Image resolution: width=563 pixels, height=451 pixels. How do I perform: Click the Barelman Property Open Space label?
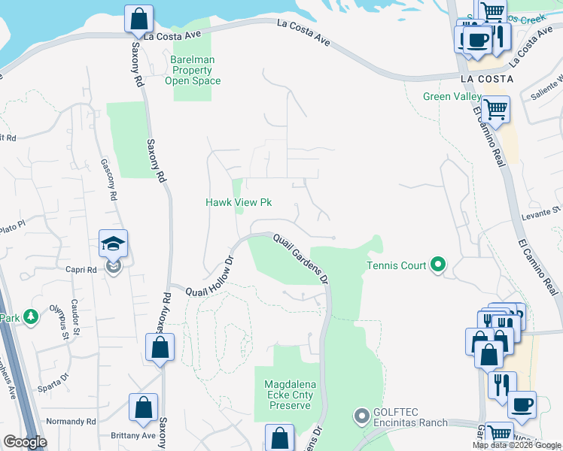(196, 70)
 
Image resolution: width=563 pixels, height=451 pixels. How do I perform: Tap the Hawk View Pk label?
(239, 202)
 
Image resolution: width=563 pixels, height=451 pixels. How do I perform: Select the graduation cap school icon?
(114, 244)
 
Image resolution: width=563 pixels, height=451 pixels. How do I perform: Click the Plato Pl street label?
(13, 224)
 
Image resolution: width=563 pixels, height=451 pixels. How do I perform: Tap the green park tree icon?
(31, 317)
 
